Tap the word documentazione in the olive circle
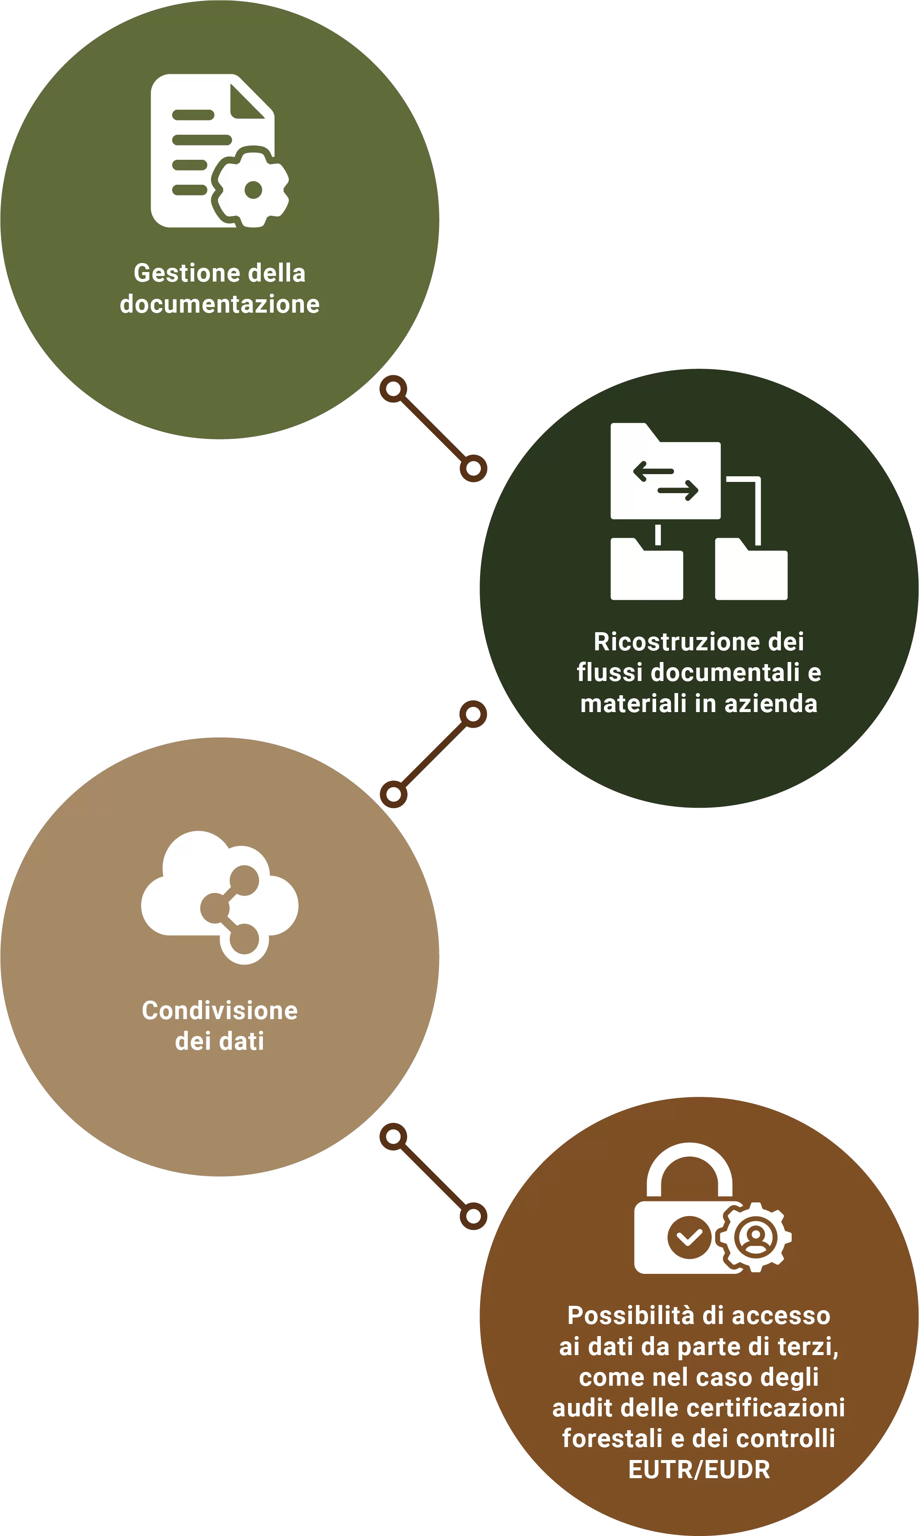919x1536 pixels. (x=220, y=304)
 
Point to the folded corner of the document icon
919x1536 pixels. (x=247, y=101)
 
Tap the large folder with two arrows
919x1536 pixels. (x=665, y=471)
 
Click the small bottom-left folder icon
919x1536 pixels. (x=647, y=569)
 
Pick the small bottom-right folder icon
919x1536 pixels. (x=751, y=569)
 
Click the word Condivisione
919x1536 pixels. (x=220, y=1010)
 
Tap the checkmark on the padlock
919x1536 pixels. (x=689, y=1237)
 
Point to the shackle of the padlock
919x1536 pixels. (x=689, y=1169)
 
